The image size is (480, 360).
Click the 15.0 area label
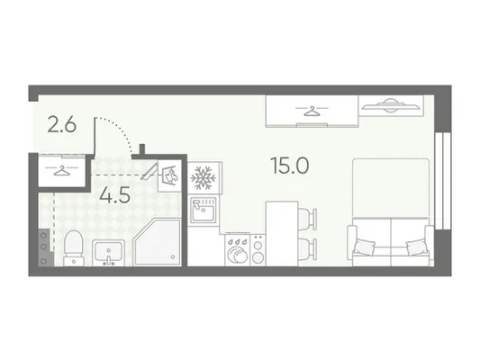click(x=290, y=166)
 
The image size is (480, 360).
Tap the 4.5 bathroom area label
click(x=114, y=194)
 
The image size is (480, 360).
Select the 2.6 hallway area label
click(x=62, y=125)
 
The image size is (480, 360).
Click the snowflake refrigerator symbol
click(x=203, y=178)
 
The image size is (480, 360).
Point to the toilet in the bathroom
click(x=74, y=248)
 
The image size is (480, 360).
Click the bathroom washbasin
click(x=108, y=253)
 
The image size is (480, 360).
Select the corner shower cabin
click(x=158, y=242)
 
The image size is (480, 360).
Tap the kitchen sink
click(x=204, y=210)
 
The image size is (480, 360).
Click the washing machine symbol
click(x=169, y=175)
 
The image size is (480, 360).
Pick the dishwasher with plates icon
click(x=237, y=249)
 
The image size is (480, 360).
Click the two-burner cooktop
click(x=258, y=250)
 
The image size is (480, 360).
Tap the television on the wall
click(x=391, y=105)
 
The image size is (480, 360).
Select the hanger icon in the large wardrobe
click(x=312, y=111)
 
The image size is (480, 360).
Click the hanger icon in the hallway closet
click(x=61, y=170)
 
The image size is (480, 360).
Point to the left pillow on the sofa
click(x=365, y=247)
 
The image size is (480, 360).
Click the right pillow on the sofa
click(x=417, y=247)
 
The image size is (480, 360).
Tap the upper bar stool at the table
click(x=307, y=219)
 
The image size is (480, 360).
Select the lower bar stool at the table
click(x=307, y=249)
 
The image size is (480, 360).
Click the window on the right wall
click(x=443, y=181)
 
